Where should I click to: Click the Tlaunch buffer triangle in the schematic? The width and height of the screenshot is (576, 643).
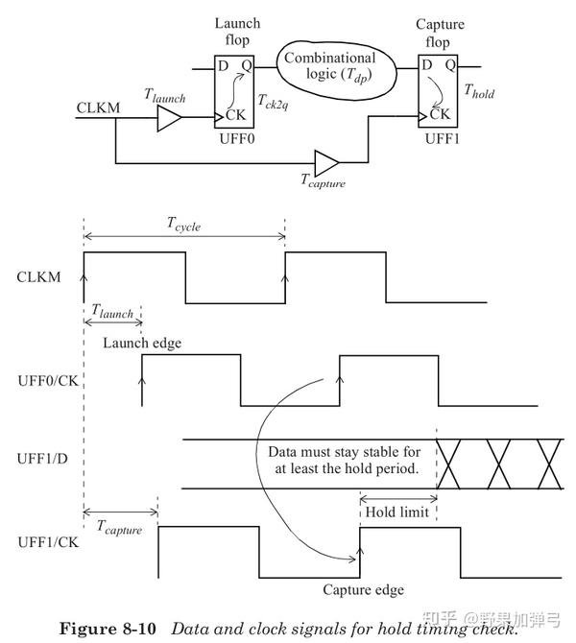(168, 118)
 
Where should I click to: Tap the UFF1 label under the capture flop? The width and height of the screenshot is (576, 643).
(441, 139)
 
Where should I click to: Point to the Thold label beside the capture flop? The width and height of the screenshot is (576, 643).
(479, 93)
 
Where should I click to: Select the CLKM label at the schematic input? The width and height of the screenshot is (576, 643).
(98, 107)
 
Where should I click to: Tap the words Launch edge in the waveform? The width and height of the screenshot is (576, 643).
(142, 343)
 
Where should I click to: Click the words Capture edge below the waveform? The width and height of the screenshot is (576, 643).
(363, 589)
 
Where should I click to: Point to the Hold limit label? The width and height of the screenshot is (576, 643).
(397, 512)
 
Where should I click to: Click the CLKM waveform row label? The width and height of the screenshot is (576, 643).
(41, 277)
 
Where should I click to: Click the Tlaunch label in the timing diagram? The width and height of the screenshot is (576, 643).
(112, 312)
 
